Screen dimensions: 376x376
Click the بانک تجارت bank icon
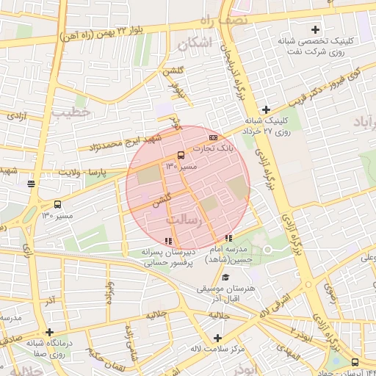[x=213, y=137]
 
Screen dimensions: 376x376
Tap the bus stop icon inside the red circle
[x=181, y=155]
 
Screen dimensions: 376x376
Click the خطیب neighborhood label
[x=70, y=112]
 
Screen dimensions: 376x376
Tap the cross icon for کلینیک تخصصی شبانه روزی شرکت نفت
[x=316, y=30]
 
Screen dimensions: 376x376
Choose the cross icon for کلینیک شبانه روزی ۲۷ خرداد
[x=266, y=109]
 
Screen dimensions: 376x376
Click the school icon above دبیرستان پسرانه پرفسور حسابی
[x=169, y=240]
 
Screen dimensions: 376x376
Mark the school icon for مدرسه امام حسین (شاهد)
[x=229, y=238]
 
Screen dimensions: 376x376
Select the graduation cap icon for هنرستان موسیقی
[x=225, y=277]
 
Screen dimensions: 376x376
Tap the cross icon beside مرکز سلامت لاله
[x=217, y=338]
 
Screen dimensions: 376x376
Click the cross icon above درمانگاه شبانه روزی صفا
[x=49, y=332]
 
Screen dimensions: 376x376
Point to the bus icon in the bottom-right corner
[x=355, y=362]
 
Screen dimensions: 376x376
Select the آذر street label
[x=49, y=301]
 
